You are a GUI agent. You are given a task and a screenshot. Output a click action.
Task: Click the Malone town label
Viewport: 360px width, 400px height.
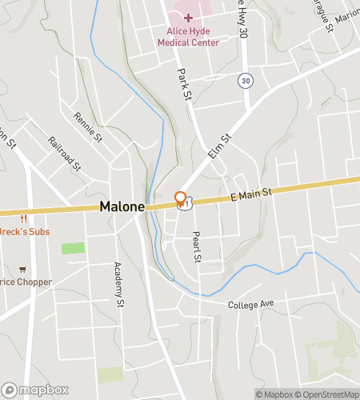(122, 206)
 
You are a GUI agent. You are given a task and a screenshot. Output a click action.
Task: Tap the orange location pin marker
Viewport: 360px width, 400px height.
(181, 198)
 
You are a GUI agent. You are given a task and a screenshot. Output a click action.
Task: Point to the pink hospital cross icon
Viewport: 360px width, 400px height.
(188, 18)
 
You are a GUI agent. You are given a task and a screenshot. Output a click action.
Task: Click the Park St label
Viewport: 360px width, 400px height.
(186, 84)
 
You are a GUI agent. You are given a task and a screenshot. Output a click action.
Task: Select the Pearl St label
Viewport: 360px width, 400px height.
(195, 248)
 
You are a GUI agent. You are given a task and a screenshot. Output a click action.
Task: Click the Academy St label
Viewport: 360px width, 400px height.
(118, 285)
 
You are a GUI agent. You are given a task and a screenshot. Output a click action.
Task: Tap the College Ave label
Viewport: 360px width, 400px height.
(250, 305)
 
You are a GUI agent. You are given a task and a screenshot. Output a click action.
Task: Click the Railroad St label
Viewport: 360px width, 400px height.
(64, 153)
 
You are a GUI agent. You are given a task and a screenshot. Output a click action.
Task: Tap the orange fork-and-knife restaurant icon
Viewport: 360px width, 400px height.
(22, 218)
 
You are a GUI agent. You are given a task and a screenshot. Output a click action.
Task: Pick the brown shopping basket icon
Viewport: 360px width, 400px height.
(22, 268)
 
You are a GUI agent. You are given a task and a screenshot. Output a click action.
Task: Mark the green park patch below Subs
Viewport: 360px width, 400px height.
(73, 248)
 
